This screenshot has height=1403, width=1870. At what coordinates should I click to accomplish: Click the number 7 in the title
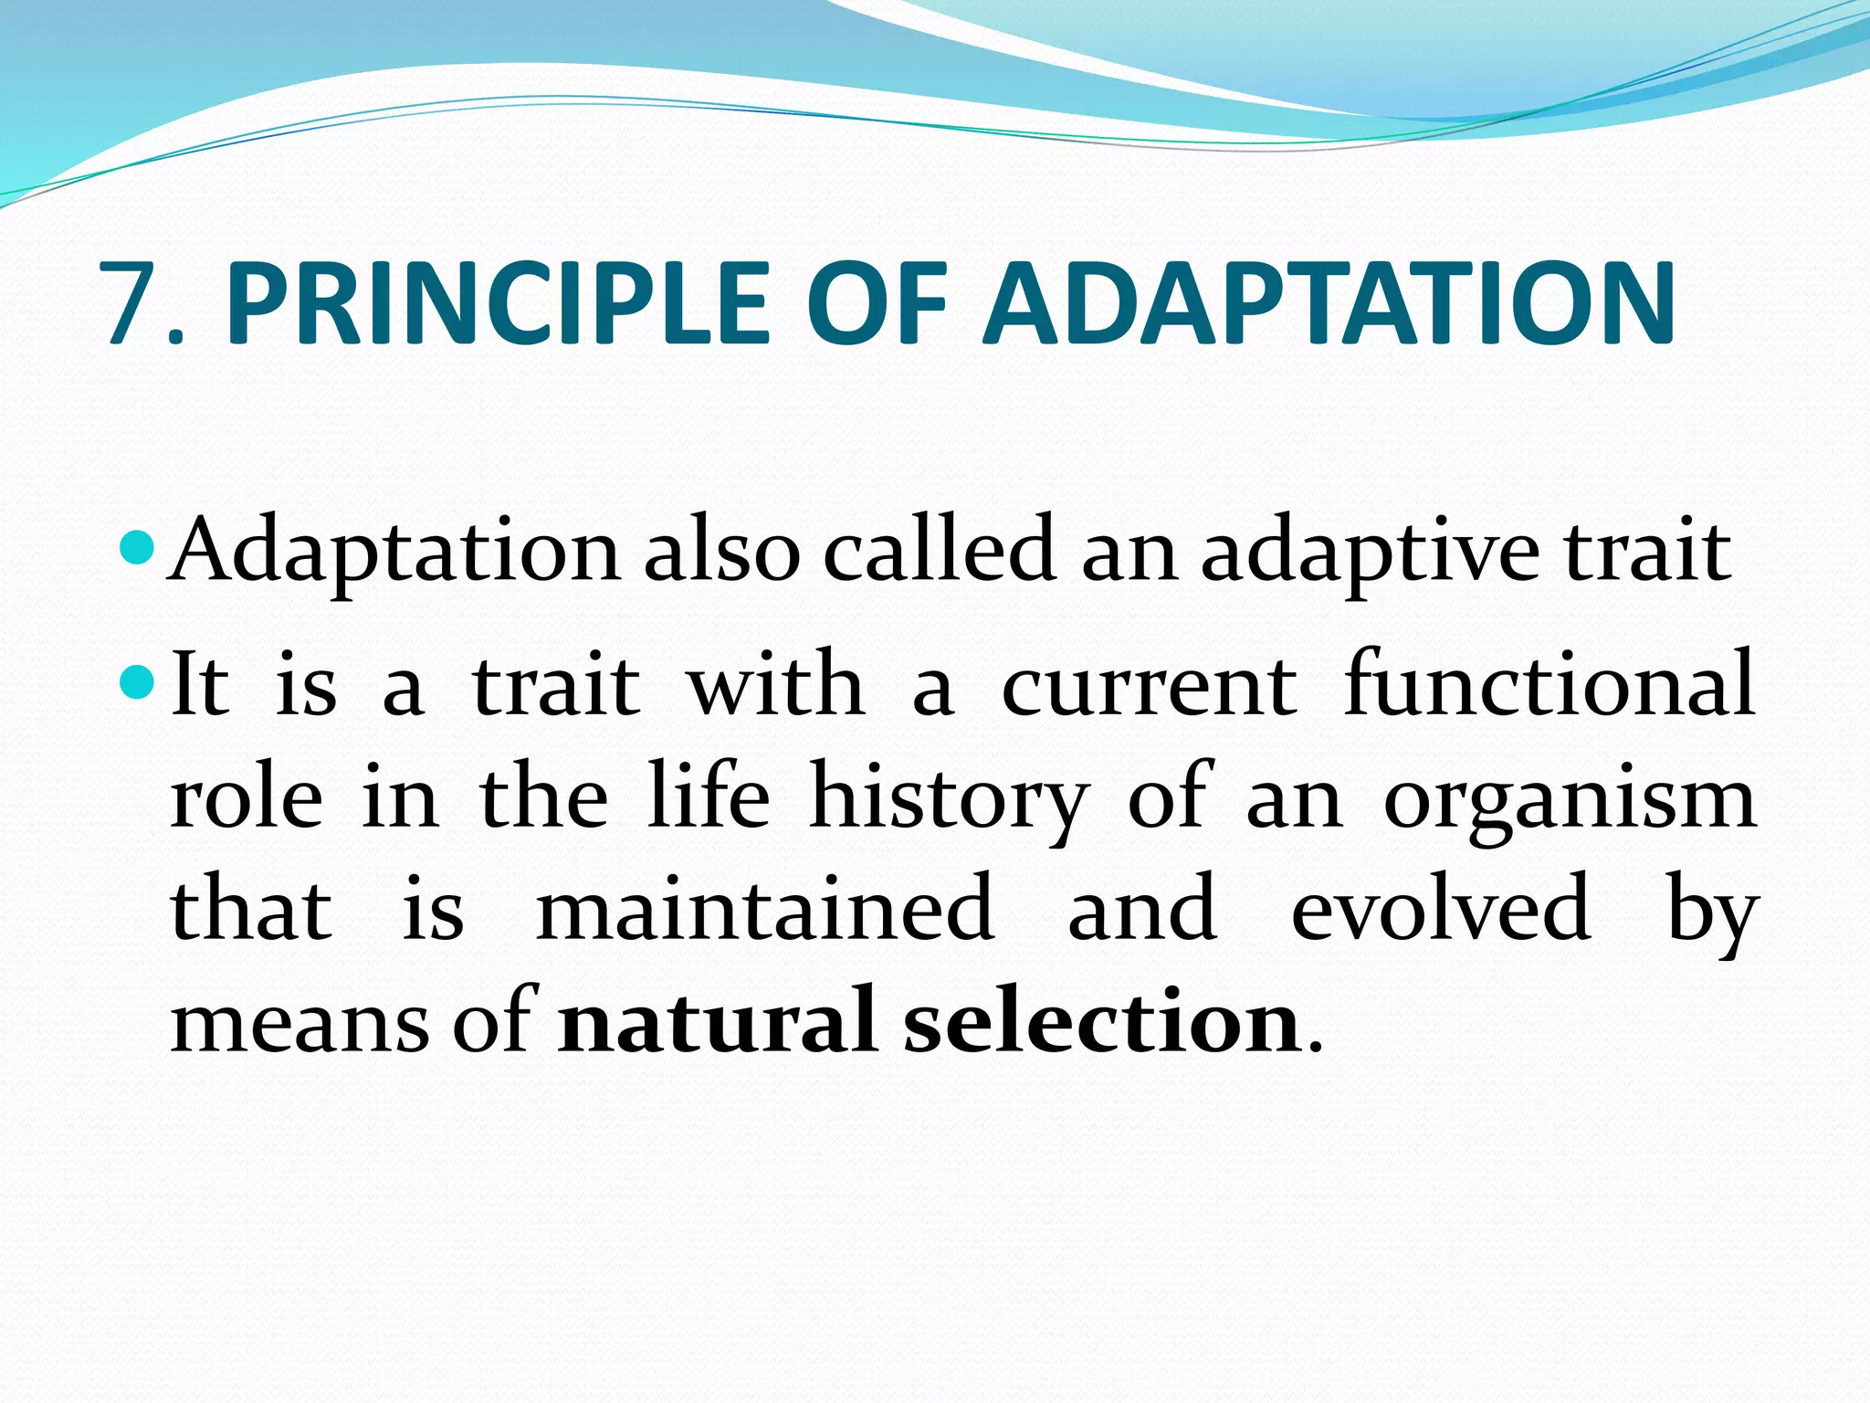[x=134, y=304]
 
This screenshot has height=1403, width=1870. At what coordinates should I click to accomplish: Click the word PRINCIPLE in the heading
[x=499, y=304]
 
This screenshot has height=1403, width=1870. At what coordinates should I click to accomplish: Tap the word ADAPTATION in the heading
[x=1329, y=304]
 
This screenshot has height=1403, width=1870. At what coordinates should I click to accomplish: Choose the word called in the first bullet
[x=940, y=551]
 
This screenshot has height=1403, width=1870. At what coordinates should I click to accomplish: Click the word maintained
[x=765, y=908]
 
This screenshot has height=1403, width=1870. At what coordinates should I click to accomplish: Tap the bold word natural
[x=717, y=1022]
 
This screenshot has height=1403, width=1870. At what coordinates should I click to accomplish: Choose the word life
[x=709, y=795]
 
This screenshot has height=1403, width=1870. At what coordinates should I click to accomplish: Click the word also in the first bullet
[x=722, y=551]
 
